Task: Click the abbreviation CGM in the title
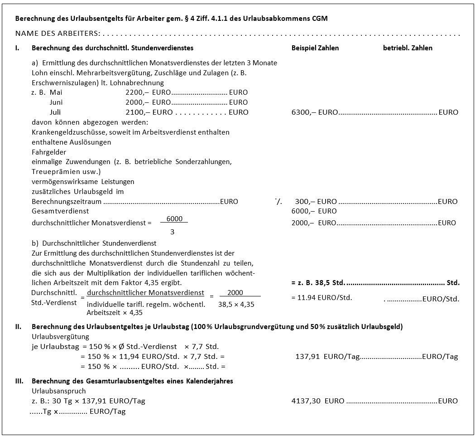click(x=319, y=19)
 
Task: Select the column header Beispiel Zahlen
click(x=315, y=48)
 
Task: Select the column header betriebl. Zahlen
click(x=408, y=48)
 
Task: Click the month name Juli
click(x=55, y=112)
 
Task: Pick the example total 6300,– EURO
click(x=315, y=112)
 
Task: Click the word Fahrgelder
click(x=49, y=152)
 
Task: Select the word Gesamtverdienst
click(x=60, y=211)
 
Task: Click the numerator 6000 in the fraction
click(x=174, y=219)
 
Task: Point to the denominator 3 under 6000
click(x=173, y=232)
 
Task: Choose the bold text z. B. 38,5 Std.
click(x=318, y=283)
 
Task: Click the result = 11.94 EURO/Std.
click(x=321, y=298)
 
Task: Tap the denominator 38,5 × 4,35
click(x=236, y=305)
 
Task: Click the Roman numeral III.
click(x=19, y=381)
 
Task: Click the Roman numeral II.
click(x=19, y=327)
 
